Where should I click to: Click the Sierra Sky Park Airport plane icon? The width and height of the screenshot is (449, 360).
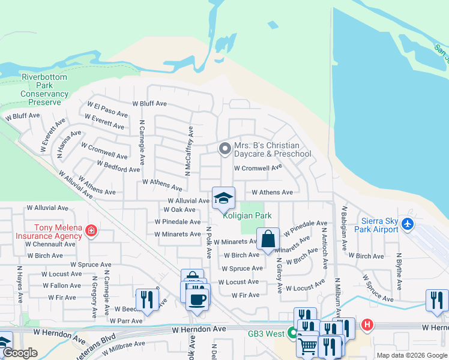click(409, 224)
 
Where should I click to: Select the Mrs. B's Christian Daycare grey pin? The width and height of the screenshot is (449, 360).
click(224, 148)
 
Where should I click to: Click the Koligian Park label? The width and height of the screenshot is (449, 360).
click(247, 215)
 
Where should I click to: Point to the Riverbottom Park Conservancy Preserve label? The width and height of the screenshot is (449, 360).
click(45, 89)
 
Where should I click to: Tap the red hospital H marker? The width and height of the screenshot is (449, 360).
click(367, 325)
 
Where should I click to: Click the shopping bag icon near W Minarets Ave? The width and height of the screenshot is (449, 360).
click(268, 238)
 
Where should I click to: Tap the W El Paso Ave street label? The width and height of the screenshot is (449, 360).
click(108, 109)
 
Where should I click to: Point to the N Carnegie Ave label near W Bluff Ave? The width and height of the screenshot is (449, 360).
click(142, 142)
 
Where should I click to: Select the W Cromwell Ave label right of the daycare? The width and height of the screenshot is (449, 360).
click(258, 168)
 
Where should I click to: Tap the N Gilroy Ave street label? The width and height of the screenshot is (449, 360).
click(279, 275)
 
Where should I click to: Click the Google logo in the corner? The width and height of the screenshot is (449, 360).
click(20, 353)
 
